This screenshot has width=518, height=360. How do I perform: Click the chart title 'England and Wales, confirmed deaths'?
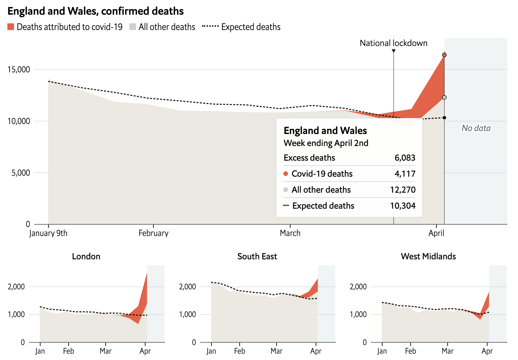(95, 11)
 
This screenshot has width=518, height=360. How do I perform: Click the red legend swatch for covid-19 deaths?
(11, 27)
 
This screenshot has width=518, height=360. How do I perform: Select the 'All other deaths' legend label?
(167, 27)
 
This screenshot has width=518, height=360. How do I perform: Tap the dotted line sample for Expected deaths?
(210, 26)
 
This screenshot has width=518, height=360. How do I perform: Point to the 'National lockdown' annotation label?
(393, 43)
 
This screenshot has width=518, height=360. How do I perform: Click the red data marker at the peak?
(444, 55)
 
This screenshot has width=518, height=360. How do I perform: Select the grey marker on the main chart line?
(444, 97)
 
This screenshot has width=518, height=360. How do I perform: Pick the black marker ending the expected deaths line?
(444, 118)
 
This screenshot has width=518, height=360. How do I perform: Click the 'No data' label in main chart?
(476, 128)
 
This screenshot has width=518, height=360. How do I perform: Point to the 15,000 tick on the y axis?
(19, 70)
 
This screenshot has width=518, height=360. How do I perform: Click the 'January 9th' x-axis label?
(48, 233)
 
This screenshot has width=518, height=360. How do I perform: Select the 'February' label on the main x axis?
(153, 233)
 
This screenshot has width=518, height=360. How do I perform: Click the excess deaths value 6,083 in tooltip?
(405, 158)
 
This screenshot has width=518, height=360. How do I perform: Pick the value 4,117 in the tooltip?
(405, 174)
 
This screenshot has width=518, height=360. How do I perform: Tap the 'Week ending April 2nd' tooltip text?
(326, 143)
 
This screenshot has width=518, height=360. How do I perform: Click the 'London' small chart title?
(86, 256)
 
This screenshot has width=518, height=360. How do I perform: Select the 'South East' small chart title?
(257, 256)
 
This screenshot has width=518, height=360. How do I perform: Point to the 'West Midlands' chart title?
(428, 256)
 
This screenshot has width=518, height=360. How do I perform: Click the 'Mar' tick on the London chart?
(105, 351)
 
